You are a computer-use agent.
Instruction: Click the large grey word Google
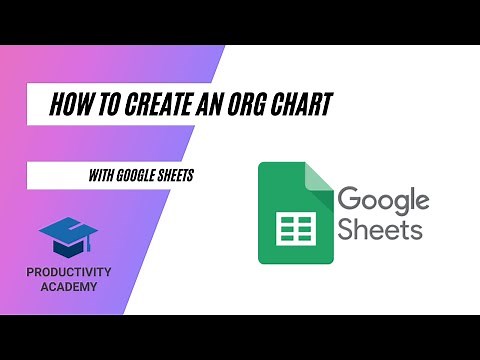click(383, 200)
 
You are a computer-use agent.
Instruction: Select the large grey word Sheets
click(379, 230)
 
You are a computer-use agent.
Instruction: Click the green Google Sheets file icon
click(295, 213)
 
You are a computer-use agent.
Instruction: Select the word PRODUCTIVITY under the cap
click(69, 273)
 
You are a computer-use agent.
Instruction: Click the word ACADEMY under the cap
click(69, 288)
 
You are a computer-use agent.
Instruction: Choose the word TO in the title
click(103, 103)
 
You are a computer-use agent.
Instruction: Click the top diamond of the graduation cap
click(68, 231)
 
